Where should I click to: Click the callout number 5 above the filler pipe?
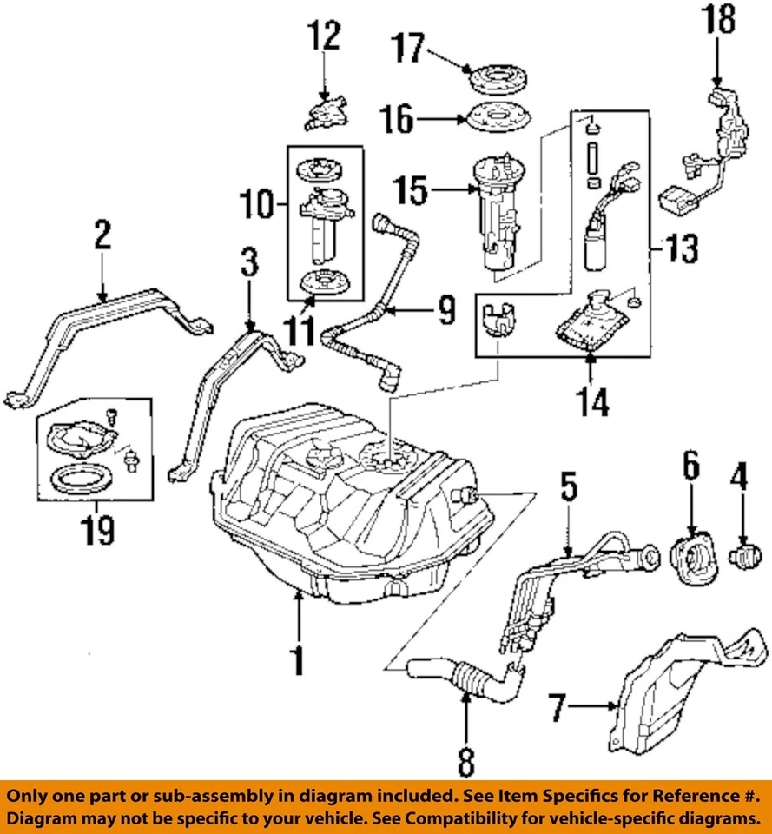tap(567, 489)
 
